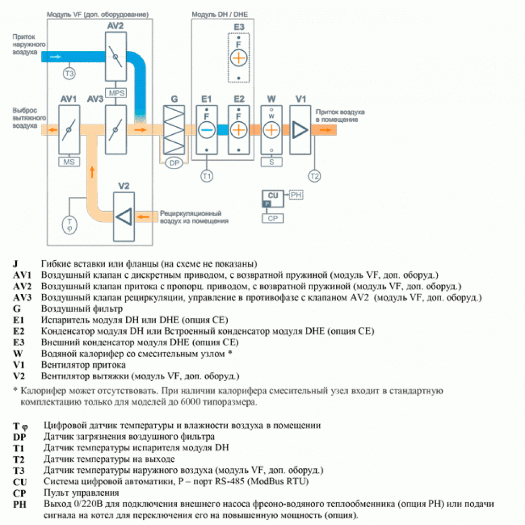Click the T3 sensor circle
(69, 73)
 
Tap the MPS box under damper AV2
(116, 93)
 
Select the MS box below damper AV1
(68, 161)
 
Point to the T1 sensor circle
(206, 175)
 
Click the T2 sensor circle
(314, 175)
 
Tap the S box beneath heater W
(272, 161)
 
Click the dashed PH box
(296, 194)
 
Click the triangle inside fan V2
(124, 216)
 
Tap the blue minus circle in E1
(206, 130)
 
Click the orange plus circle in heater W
(272, 130)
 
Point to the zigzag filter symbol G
(174, 130)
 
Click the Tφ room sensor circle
(69, 224)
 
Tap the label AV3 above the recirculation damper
(95, 99)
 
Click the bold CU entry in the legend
(18, 482)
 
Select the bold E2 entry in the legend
(19, 331)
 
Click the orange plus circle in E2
(239, 130)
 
